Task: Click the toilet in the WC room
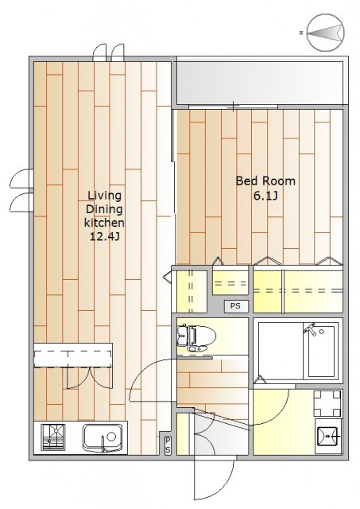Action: click(x=196, y=338)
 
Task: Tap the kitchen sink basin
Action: click(x=103, y=437)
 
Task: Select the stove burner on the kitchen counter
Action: click(x=53, y=437)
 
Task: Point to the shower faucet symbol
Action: click(x=310, y=328)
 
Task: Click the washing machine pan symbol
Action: click(x=327, y=403)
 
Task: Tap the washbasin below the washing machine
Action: click(x=328, y=437)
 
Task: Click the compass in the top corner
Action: click(x=325, y=33)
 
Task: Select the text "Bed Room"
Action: click(x=265, y=181)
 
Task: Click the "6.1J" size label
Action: click(x=265, y=196)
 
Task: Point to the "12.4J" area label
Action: click(x=105, y=237)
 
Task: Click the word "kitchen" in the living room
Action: click(x=104, y=223)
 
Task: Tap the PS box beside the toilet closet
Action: click(x=236, y=306)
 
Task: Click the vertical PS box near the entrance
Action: click(x=168, y=445)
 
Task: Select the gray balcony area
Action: click(x=259, y=83)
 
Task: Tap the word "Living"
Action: click(x=104, y=196)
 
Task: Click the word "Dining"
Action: click(x=104, y=209)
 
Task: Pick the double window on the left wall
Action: click(x=21, y=191)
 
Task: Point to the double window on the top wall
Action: click(x=108, y=52)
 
